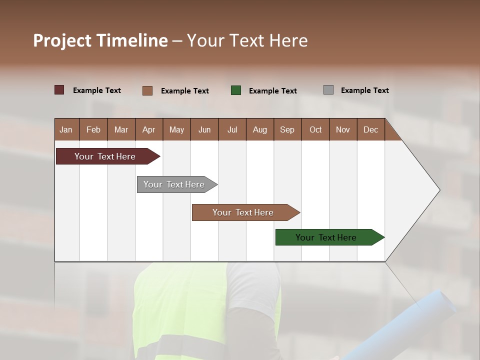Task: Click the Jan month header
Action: click(x=66, y=129)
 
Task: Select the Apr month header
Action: click(x=148, y=129)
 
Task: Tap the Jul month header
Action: click(x=232, y=129)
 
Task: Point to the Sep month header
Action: click(x=287, y=129)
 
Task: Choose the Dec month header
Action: click(x=370, y=129)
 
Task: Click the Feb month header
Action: click(x=93, y=129)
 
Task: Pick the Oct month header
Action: click(x=315, y=129)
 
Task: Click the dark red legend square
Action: click(x=59, y=90)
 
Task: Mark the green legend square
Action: click(x=236, y=90)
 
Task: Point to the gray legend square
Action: click(x=328, y=90)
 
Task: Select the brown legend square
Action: click(x=147, y=90)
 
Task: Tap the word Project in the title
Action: click(x=62, y=40)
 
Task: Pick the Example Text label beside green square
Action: click(x=273, y=91)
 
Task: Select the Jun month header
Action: click(x=204, y=129)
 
